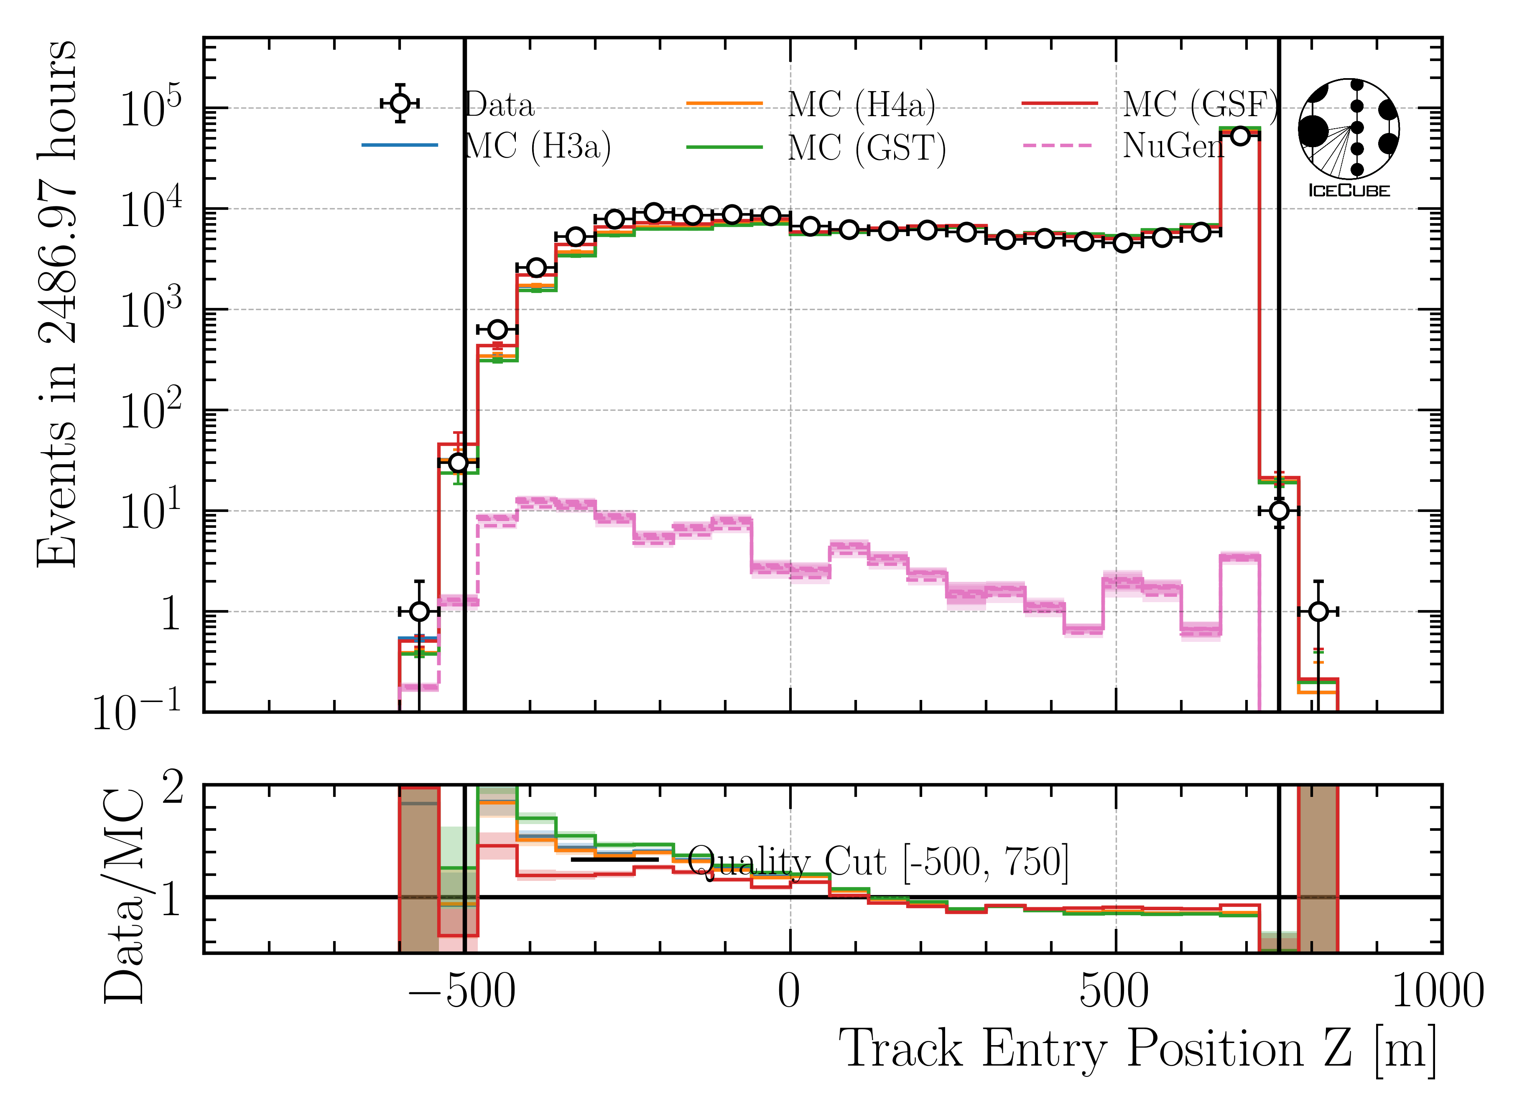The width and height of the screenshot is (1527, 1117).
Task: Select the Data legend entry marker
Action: [400, 104]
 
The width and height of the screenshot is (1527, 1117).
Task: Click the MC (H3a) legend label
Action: [538, 146]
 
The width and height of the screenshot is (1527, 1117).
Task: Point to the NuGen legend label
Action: [1173, 145]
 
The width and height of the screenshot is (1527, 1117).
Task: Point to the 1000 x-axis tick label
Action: [1438, 992]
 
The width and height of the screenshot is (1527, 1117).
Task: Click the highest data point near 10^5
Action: [1239, 136]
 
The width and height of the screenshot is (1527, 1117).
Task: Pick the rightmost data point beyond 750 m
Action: [1318, 611]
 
